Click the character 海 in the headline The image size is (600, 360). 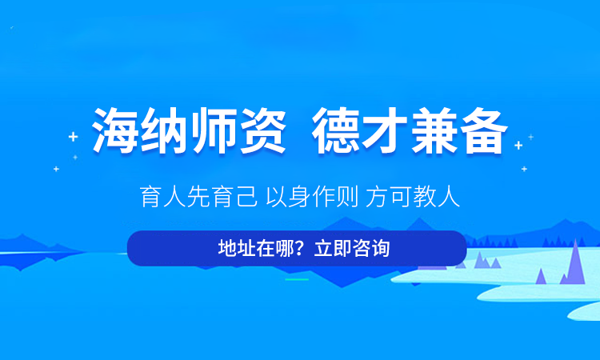pyautogui.click(x=115, y=130)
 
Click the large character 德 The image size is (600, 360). pyautogui.click(x=335, y=130)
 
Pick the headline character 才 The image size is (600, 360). pyautogui.click(x=384, y=130)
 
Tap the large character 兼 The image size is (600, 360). pyautogui.click(x=434, y=130)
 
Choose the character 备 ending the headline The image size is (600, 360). pyautogui.click(x=483, y=130)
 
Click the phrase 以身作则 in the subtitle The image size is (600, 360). pyautogui.click(x=312, y=196)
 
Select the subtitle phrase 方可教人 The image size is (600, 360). pyautogui.click(x=413, y=196)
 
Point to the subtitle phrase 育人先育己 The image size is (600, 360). pyautogui.click(x=198, y=196)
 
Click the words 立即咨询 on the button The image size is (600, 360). pyautogui.click(x=352, y=248)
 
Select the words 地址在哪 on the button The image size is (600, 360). pyautogui.click(x=256, y=248)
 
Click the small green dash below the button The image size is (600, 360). pyautogui.click(x=297, y=280)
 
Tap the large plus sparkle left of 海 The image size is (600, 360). pyautogui.click(x=73, y=137)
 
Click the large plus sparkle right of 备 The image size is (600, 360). pyautogui.click(x=518, y=145)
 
